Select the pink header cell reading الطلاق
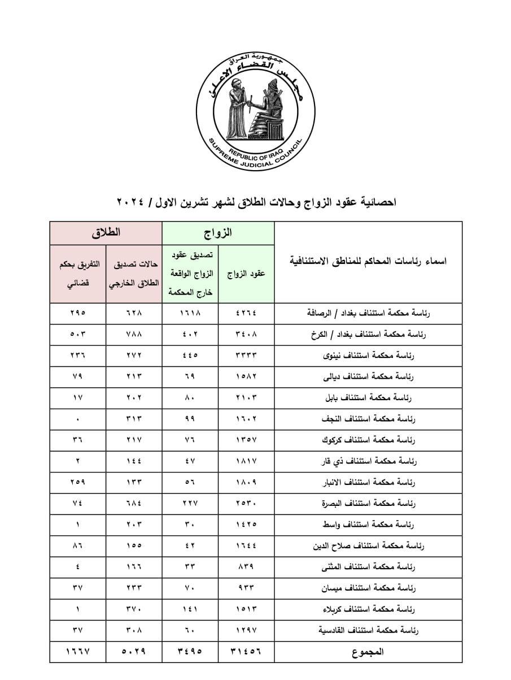(x=106, y=233)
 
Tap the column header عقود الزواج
(x=246, y=274)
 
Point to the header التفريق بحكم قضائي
(x=77, y=274)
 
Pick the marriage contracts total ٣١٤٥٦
(x=246, y=651)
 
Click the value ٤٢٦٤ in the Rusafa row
(x=246, y=313)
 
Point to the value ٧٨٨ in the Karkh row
(x=133, y=334)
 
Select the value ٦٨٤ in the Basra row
(x=133, y=503)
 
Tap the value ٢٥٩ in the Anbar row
(x=77, y=482)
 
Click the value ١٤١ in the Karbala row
(x=190, y=609)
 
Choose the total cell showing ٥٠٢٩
(x=133, y=651)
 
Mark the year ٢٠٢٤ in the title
(x=132, y=202)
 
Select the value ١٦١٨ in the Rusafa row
(x=190, y=313)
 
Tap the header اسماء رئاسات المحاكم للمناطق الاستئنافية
(x=368, y=262)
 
